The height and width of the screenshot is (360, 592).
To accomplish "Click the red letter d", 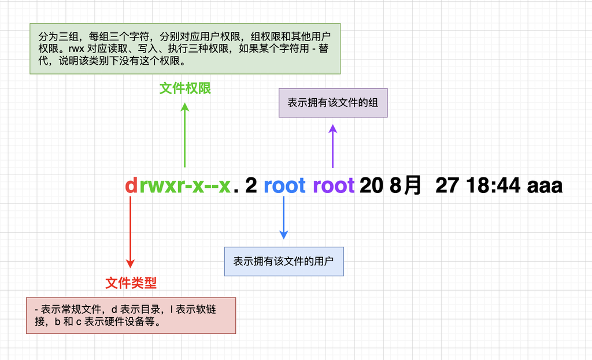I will point(131,185).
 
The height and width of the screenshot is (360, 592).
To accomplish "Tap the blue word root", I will point(284,185).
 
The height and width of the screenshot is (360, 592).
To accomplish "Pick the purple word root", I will point(334,185).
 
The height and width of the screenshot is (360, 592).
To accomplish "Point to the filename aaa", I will point(545,186).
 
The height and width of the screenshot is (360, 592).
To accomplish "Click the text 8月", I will point(406,185).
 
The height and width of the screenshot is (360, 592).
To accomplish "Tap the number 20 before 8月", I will point(371,185).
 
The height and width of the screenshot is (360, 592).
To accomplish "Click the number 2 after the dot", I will point(251,185).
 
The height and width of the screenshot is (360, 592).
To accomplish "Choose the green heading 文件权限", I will point(185,88).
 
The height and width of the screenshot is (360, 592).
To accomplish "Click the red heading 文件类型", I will point(131,283).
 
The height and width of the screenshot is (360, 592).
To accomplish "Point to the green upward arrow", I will point(185,135).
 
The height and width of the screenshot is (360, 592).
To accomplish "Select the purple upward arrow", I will point(332,146).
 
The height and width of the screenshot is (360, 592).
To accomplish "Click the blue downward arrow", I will point(284,217).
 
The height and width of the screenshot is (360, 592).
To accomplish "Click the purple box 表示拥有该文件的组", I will point(333,103).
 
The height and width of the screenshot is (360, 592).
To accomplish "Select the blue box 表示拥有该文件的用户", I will point(284,261).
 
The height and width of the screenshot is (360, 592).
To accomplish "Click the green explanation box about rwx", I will point(185,49).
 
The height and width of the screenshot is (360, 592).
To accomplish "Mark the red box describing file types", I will point(131,316).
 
